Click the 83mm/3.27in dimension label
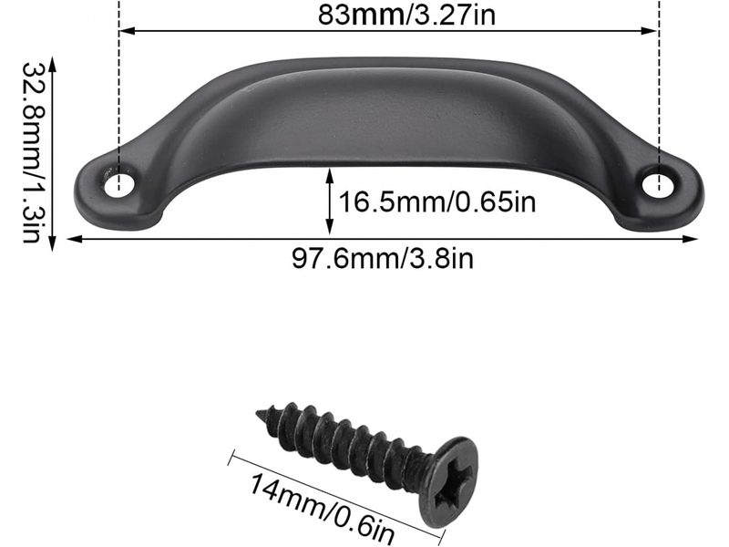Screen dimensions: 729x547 [x=406, y=15]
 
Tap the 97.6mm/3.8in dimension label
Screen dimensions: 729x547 [x=382, y=258]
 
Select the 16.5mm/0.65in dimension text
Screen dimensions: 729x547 [x=437, y=202]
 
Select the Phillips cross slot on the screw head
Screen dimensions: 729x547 [x=454, y=482]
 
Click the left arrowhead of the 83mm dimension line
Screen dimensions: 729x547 [x=127, y=31]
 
